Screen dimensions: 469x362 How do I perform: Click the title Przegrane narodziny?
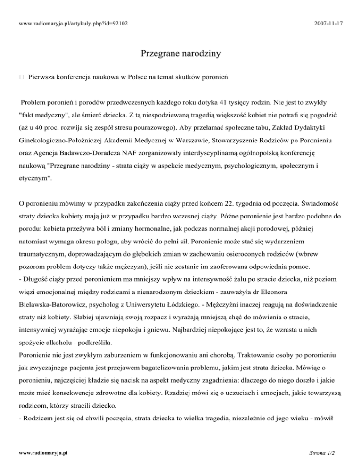[x=181, y=54]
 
